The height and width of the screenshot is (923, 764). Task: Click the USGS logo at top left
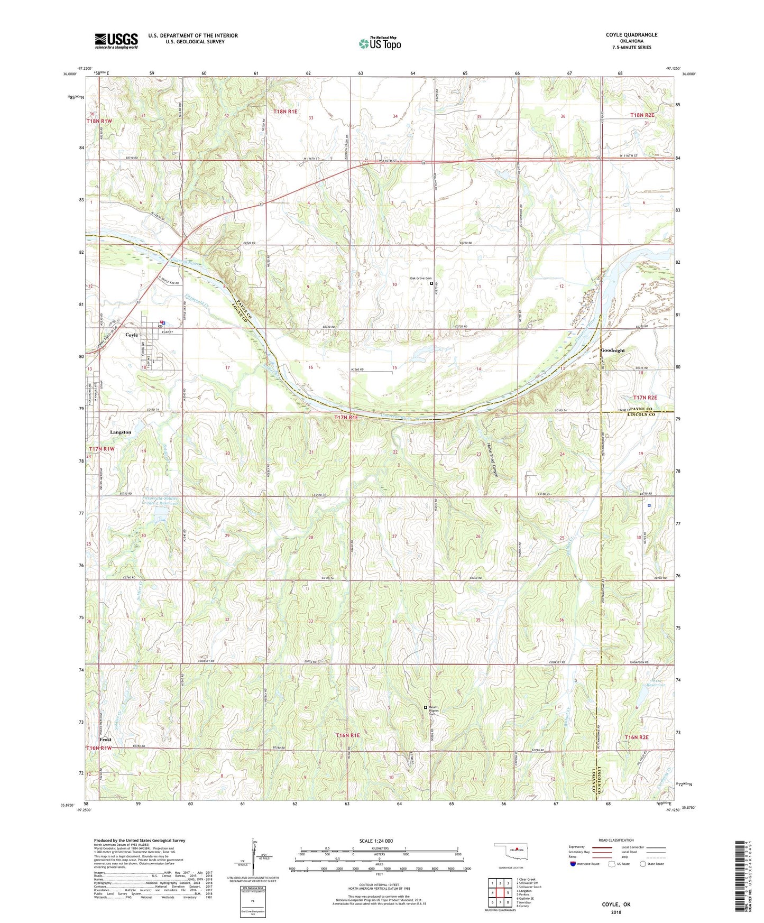click(x=116, y=40)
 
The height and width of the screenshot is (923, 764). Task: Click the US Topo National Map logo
click(x=380, y=43)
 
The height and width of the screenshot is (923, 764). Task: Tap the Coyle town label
click(x=131, y=335)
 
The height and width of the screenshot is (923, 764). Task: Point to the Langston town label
click(x=121, y=432)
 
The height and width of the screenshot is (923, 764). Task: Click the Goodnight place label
click(x=612, y=350)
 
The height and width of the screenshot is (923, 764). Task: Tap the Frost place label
click(x=105, y=740)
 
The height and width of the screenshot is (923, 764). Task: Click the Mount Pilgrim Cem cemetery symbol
click(x=426, y=707)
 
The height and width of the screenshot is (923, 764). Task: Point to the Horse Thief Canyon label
click(x=493, y=459)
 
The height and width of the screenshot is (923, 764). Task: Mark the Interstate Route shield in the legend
click(x=574, y=864)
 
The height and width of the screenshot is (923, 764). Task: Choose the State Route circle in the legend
click(x=643, y=864)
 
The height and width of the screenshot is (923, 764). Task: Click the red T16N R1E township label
click(x=347, y=735)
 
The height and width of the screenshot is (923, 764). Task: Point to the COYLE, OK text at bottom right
click(x=616, y=904)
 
